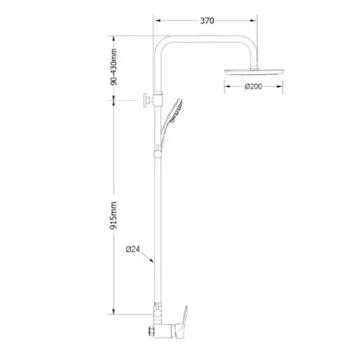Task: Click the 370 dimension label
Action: pos(207,20)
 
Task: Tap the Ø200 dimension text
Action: pos(253,86)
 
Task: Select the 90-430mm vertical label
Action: pos(113,67)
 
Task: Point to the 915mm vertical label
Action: pos(113,215)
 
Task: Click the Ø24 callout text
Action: pos(133,250)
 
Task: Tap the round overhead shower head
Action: pos(254,71)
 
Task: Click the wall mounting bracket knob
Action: pos(146,100)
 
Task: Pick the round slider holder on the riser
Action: pos(157,154)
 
